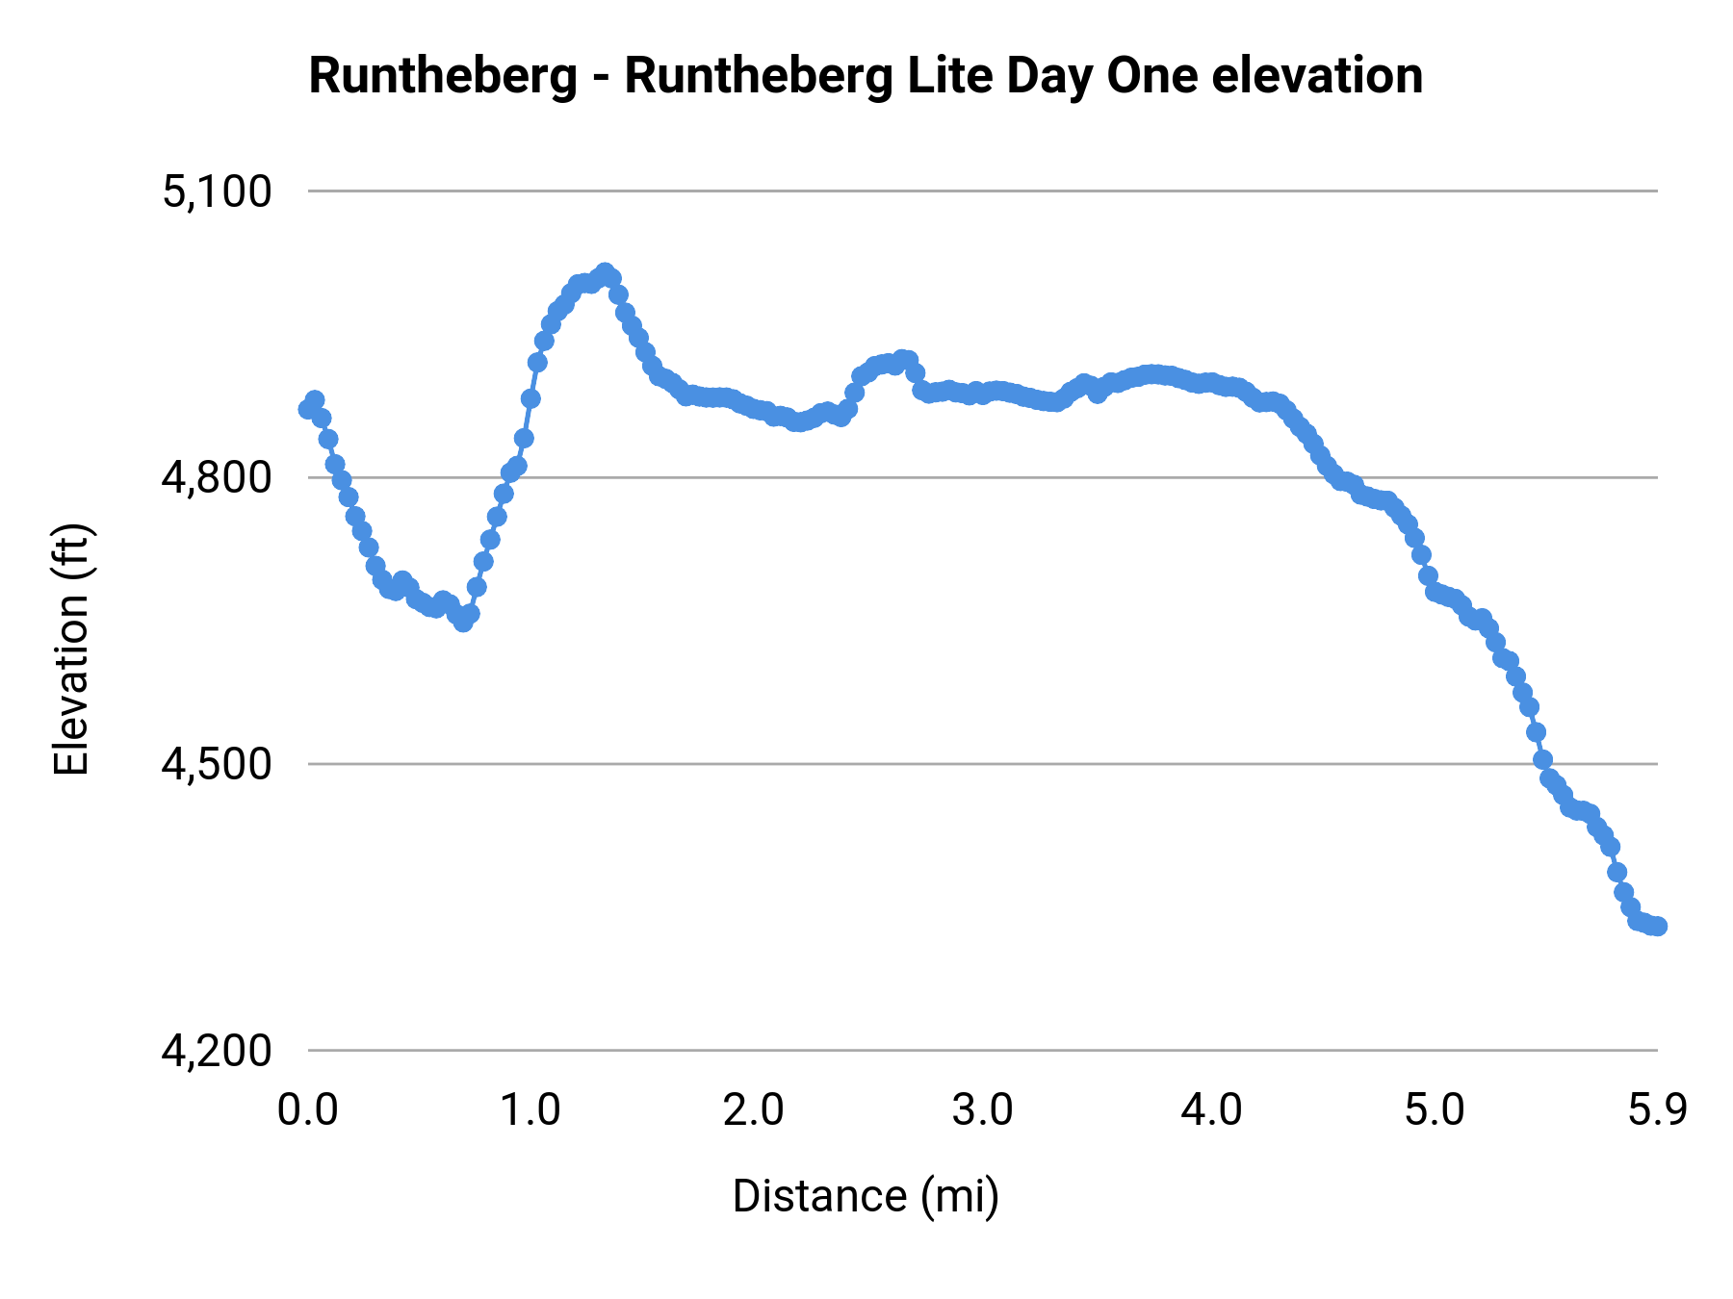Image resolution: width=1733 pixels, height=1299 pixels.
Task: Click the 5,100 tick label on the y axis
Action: coord(217,192)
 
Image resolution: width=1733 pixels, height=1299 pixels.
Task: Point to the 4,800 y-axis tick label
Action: coord(217,478)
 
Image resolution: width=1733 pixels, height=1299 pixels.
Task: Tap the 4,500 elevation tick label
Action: coord(217,765)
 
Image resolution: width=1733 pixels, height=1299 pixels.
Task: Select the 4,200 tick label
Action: coord(217,1051)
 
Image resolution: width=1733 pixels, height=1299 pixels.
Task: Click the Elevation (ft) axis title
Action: coord(71,649)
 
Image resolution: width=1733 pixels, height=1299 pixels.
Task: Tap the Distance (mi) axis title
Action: coord(866,1196)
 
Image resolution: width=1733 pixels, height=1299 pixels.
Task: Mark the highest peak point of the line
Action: coord(605,272)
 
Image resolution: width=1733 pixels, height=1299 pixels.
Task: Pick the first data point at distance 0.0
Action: coord(308,409)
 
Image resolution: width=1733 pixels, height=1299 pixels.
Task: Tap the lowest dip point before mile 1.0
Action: coord(463,623)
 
